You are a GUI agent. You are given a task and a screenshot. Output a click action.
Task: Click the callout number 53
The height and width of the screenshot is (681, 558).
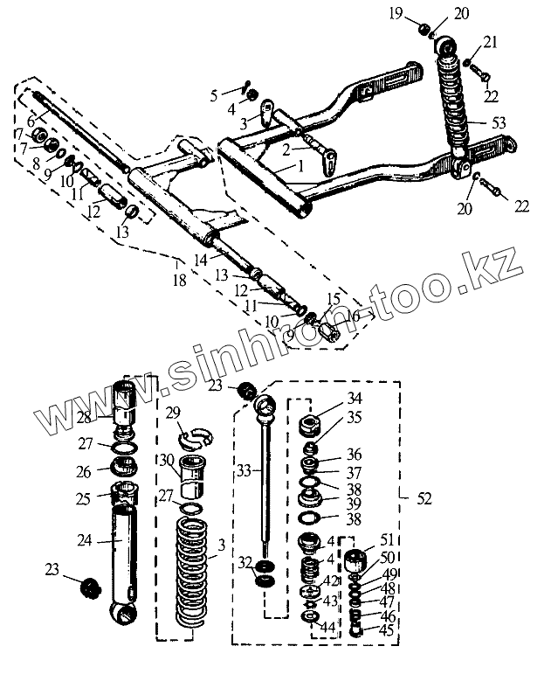tap(499, 122)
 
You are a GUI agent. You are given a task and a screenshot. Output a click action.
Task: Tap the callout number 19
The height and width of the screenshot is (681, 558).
tap(420, 14)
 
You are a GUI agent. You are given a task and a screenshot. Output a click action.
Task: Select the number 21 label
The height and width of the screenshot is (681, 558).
tap(490, 42)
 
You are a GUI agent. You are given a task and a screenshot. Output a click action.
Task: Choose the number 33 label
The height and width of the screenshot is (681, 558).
tap(245, 470)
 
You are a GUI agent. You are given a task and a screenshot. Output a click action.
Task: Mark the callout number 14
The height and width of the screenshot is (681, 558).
tap(201, 260)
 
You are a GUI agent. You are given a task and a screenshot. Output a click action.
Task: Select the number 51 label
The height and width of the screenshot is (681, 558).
tap(385, 539)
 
